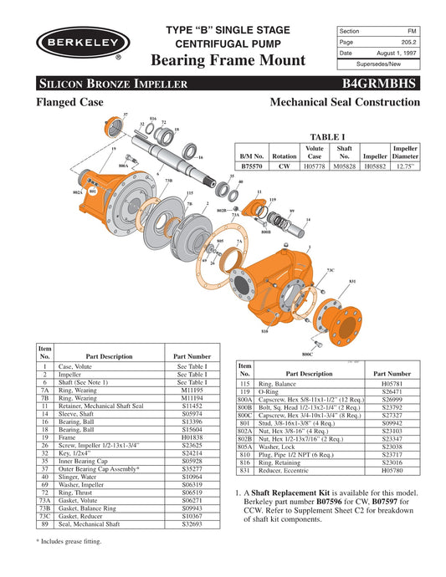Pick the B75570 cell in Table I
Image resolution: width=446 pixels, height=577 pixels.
click(x=253, y=166)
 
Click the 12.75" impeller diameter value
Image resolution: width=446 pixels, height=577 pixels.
click(x=406, y=166)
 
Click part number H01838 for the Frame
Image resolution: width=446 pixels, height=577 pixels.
click(x=192, y=436)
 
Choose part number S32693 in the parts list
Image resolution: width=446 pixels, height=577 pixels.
click(x=192, y=524)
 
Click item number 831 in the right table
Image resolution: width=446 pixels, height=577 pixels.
click(x=245, y=472)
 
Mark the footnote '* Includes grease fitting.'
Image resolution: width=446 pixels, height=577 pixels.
click(x=82, y=542)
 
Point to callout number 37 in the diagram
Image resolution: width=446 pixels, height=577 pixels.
click(x=126, y=114)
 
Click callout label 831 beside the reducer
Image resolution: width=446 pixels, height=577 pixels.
click(x=352, y=281)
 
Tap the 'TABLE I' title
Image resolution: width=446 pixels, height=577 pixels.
click(x=328, y=135)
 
